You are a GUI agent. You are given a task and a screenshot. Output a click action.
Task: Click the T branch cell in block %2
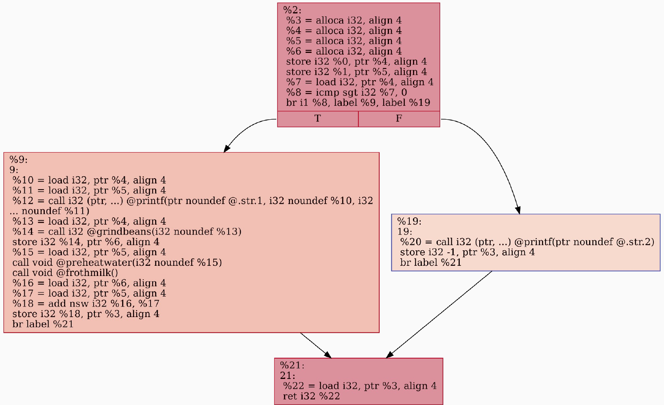(318, 119)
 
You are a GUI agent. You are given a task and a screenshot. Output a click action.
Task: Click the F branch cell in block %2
(399, 119)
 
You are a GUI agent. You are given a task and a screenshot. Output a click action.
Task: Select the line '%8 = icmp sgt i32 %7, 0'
(346, 92)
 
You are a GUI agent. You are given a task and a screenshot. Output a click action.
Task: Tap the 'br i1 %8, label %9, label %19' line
(358, 103)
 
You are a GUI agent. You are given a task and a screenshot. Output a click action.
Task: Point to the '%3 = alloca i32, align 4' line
(344, 20)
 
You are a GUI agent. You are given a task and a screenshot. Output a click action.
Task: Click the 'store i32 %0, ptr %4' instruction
(356, 61)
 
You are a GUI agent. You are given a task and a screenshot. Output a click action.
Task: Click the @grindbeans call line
(127, 232)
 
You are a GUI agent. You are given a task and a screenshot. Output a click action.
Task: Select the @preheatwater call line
(117, 263)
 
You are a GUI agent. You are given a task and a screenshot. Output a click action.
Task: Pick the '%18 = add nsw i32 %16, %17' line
(86, 304)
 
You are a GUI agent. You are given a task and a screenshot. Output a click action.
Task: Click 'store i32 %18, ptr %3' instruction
(86, 314)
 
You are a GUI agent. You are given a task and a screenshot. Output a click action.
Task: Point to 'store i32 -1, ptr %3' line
(467, 252)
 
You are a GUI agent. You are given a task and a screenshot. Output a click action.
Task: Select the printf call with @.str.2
(527, 242)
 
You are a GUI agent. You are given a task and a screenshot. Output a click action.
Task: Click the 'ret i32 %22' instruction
(311, 396)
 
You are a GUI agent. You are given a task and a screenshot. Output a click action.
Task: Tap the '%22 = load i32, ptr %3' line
(360, 385)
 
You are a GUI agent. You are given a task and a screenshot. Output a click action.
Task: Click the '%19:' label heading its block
(409, 221)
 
